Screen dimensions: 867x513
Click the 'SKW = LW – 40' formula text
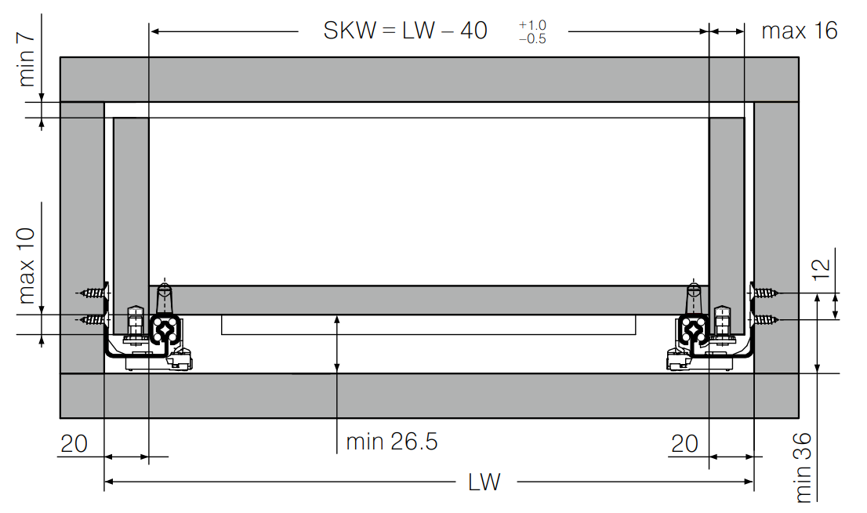[x=405, y=31]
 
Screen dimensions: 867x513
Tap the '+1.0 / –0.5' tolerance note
[x=532, y=32]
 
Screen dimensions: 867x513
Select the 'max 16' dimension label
[x=800, y=31]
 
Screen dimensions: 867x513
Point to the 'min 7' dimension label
[x=26, y=60]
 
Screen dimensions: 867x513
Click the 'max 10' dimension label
[x=26, y=266]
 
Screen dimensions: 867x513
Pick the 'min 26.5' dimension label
[x=391, y=442]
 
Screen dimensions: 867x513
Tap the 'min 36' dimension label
[x=803, y=468]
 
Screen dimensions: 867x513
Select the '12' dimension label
[x=822, y=270]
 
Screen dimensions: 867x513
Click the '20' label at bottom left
[x=74, y=444]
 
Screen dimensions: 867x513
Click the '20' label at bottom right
[x=685, y=444]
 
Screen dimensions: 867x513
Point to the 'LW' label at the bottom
[x=484, y=482]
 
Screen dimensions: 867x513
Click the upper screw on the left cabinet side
[x=93, y=293]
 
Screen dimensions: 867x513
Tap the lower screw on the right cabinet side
[x=765, y=319]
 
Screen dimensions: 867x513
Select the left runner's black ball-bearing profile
[x=165, y=330]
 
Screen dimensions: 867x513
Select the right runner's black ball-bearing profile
[x=693, y=330]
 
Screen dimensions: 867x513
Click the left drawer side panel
[x=131, y=226]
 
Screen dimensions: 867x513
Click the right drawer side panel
[x=727, y=226]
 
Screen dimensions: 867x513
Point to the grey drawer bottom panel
[x=429, y=300]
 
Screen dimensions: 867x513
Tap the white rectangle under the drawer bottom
[x=429, y=325]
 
